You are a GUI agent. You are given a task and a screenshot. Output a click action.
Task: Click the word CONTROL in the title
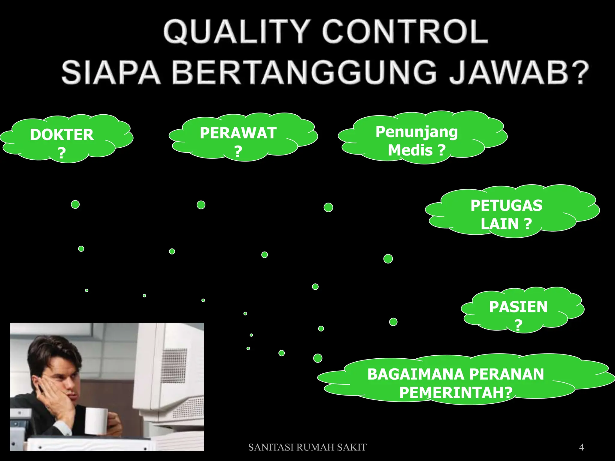tap(405, 32)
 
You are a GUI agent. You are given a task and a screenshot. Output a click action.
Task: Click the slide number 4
tap(581, 447)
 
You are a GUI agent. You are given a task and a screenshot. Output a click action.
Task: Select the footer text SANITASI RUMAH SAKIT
tap(307, 447)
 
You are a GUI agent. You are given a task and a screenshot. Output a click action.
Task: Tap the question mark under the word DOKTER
tap(62, 153)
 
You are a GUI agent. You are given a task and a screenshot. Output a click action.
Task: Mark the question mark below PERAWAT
tap(238, 151)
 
